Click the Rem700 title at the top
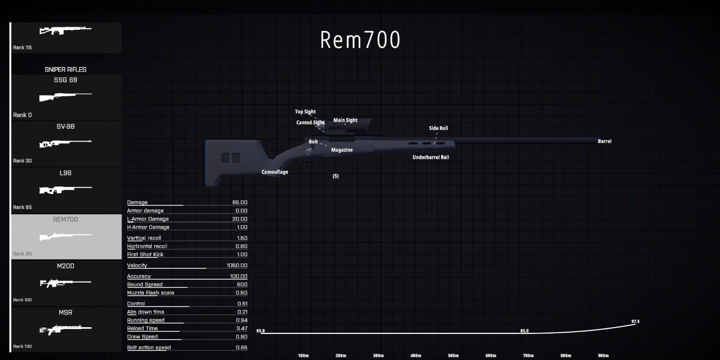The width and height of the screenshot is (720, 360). click(360, 40)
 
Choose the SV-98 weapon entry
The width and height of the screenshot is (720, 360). click(66, 143)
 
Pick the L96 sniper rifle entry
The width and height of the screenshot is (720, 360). click(66, 189)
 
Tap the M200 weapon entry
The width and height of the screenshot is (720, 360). click(66, 283)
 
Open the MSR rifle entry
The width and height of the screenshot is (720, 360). click(66, 329)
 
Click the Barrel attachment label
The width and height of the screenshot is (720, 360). click(604, 141)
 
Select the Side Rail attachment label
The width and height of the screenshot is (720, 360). click(438, 128)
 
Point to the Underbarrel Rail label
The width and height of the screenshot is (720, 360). click(431, 157)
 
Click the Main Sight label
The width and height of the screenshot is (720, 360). click(345, 120)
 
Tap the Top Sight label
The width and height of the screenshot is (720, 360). click(305, 112)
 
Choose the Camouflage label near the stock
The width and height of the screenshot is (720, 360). click(275, 172)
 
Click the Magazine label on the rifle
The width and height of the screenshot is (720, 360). click(342, 150)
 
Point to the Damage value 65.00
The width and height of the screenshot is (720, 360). click(240, 202)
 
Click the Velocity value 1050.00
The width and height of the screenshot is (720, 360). click(237, 265)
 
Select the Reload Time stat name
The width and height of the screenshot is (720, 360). click(142, 328)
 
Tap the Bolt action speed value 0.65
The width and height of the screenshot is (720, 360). click(242, 347)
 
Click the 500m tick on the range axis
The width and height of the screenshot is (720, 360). click(453, 356)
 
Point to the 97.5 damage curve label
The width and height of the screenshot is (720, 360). click(635, 321)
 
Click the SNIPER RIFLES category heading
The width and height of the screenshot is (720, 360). click(66, 69)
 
